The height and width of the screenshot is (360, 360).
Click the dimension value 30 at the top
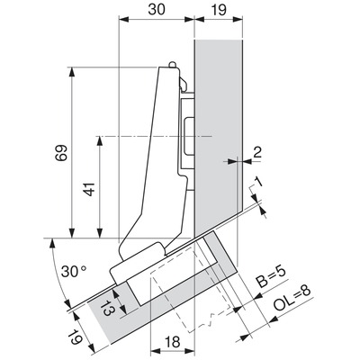coord(157,10)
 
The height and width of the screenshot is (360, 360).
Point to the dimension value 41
coord(90,189)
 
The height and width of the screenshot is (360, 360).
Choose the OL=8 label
coord(292,300)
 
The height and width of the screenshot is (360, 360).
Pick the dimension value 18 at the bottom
coord(172,342)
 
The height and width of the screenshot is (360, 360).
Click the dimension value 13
coord(105,307)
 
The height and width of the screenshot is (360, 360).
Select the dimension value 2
coord(257,152)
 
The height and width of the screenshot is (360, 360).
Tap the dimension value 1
coord(258,181)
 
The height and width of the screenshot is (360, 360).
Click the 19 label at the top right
coord(220,10)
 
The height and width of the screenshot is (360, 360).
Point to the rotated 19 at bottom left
coord(75,337)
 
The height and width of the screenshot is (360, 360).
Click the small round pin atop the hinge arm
coord(172,65)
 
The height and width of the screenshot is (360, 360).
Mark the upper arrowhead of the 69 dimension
coord(72,72)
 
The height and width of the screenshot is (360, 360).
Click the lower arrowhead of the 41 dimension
coord(100,233)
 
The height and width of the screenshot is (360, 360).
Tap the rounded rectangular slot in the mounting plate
coord(188,137)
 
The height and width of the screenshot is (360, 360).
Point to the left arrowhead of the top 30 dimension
coord(124,20)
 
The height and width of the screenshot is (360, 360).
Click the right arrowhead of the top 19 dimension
coord(237,20)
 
